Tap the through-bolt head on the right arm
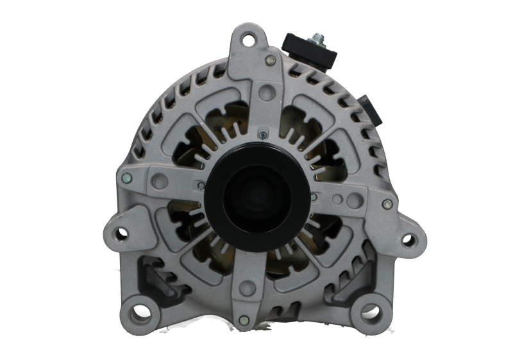pos(386,205)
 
